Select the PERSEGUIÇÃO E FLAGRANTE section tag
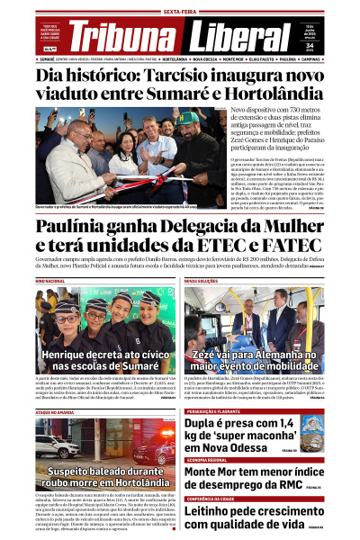(219, 411)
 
